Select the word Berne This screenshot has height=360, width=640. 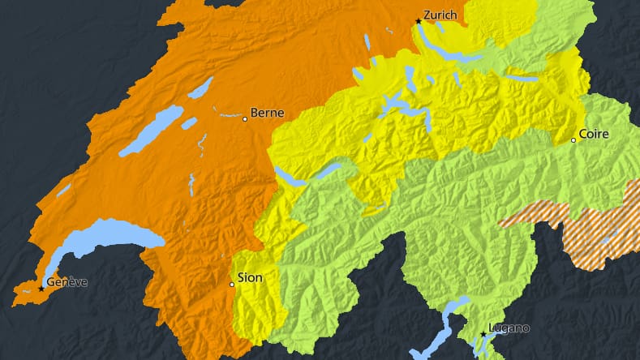[x=266, y=113]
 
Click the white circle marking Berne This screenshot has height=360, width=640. [x=245, y=119]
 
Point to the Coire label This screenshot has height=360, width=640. [x=594, y=134]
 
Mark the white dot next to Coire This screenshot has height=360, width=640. [x=573, y=140]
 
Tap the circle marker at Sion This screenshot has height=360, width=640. [x=232, y=285]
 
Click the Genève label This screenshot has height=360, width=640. [x=67, y=281]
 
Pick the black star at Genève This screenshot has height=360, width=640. [x=41, y=288]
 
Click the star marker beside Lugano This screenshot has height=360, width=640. [x=483, y=333]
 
